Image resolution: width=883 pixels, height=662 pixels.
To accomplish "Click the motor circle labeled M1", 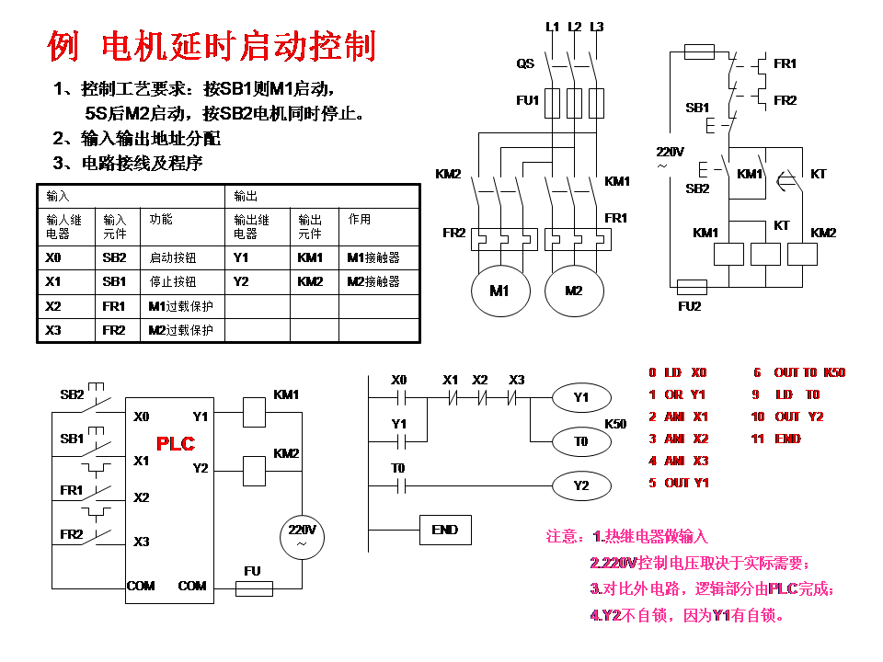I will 499,291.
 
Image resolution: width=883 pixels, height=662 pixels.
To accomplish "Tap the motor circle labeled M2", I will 574,291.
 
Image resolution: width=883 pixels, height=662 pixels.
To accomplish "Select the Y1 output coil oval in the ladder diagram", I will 580,398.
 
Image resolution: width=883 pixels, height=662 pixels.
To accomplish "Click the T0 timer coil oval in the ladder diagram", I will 580,442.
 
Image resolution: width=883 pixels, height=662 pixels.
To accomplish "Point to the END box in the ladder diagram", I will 445,530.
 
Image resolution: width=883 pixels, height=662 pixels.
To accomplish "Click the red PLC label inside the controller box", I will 176,443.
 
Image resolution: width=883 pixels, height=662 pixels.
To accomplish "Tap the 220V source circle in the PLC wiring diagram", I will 303,536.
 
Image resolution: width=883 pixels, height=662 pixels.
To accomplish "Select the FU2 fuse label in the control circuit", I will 689,306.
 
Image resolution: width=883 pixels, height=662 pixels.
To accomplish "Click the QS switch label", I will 524,64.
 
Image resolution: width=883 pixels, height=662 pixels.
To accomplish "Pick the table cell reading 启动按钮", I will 173,257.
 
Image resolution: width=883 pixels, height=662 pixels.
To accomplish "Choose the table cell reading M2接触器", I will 373,281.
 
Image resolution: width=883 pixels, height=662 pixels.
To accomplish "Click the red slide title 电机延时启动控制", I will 212,45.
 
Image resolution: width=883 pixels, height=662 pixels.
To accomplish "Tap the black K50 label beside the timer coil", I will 615,424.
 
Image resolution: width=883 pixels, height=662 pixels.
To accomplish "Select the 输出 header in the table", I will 246,196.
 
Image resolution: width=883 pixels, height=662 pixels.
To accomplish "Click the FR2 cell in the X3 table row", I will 114,330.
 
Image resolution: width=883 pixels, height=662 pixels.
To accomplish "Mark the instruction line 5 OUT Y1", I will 679,483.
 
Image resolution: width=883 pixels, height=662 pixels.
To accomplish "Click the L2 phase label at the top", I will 575,27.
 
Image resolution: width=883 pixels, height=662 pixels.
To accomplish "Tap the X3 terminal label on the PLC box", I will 141,542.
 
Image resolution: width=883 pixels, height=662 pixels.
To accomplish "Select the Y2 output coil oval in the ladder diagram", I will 580,485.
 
